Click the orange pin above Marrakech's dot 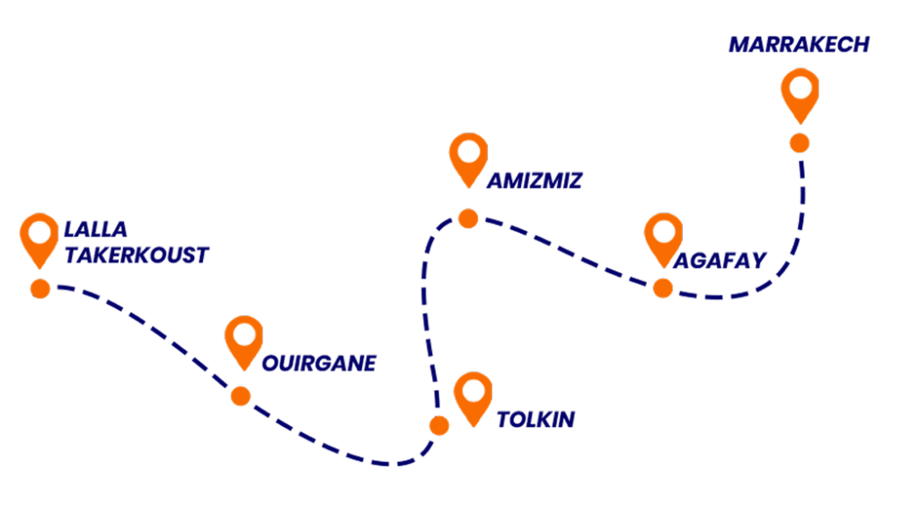tap(799, 92)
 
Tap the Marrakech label tap(799, 44)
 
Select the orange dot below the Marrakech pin tap(799, 143)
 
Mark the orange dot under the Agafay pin tap(663, 288)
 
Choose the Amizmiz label tap(535, 182)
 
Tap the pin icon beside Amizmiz tap(468, 157)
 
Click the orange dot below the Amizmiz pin tap(468, 218)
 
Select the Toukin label tap(535, 420)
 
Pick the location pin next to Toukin tap(473, 396)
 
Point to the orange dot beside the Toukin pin tap(439, 425)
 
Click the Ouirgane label tap(319, 363)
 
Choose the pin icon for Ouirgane tap(243, 340)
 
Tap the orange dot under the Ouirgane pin tap(241, 395)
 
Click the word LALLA tap(96, 229)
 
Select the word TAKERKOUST tap(136, 255)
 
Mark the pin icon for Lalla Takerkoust tap(39, 237)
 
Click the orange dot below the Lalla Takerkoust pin tap(40, 288)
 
